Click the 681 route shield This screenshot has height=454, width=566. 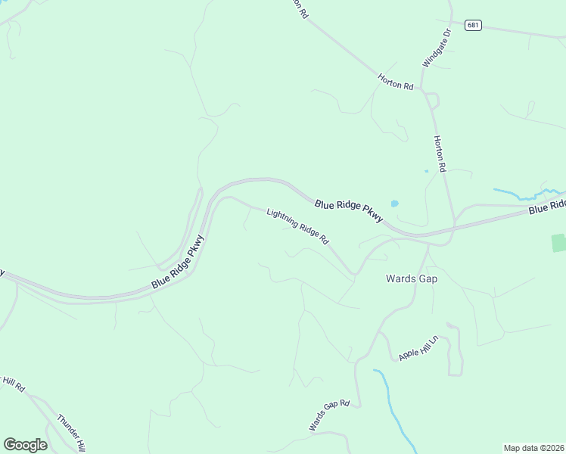(x=473, y=25)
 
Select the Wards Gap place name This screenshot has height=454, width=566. (x=412, y=278)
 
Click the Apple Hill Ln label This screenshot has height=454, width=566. (x=418, y=347)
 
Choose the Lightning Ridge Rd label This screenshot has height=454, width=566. (x=298, y=226)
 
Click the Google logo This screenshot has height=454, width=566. (x=25, y=445)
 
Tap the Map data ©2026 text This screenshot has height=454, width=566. (x=533, y=448)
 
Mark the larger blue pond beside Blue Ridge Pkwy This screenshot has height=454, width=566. (x=394, y=204)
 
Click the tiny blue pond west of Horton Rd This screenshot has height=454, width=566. (x=426, y=171)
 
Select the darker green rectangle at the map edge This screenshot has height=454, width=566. (x=558, y=243)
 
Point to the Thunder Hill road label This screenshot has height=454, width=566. (x=73, y=432)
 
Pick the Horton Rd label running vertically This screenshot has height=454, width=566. (x=440, y=153)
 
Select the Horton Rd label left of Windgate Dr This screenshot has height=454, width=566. (x=396, y=82)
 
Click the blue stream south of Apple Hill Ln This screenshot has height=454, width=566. (x=394, y=409)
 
